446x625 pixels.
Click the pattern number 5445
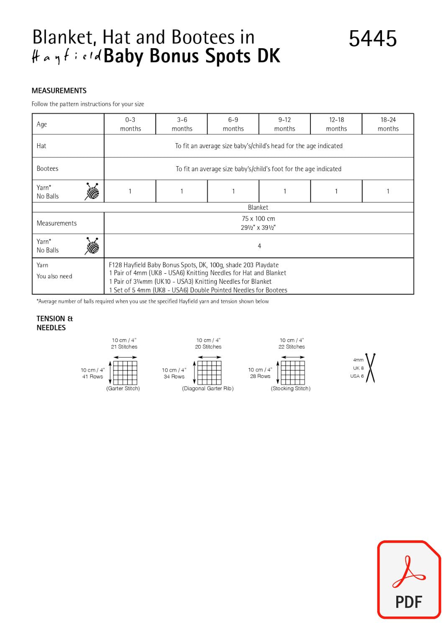[x=372, y=39]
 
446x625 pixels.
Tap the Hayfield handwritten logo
[x=67, y=57]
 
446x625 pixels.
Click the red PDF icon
[x=409, y=579]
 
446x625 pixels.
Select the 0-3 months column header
[x=130, y=124]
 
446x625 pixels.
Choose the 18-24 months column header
[x=388, y=124]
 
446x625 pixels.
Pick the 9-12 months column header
[x=285, y=124]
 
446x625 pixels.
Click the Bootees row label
[x=47, y=168]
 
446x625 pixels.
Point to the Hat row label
[x=41, y=146]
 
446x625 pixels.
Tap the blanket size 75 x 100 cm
[x=258, y=219]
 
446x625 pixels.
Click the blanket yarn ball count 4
[x=259, y=246]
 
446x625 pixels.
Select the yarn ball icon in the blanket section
[x=92, y=246]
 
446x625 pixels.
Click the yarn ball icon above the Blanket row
[x=92, y=191]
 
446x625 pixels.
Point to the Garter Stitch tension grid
[x=125, y=372]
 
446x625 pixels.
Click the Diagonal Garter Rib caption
[x=208, y=388]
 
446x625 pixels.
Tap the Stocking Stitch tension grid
[x=292, y=372]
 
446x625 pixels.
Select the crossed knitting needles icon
[x=370, y=368]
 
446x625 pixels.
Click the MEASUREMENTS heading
[x=59, y=90]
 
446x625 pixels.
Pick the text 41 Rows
[x=92, y=376]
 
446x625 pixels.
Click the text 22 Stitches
[x=292, y=347]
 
